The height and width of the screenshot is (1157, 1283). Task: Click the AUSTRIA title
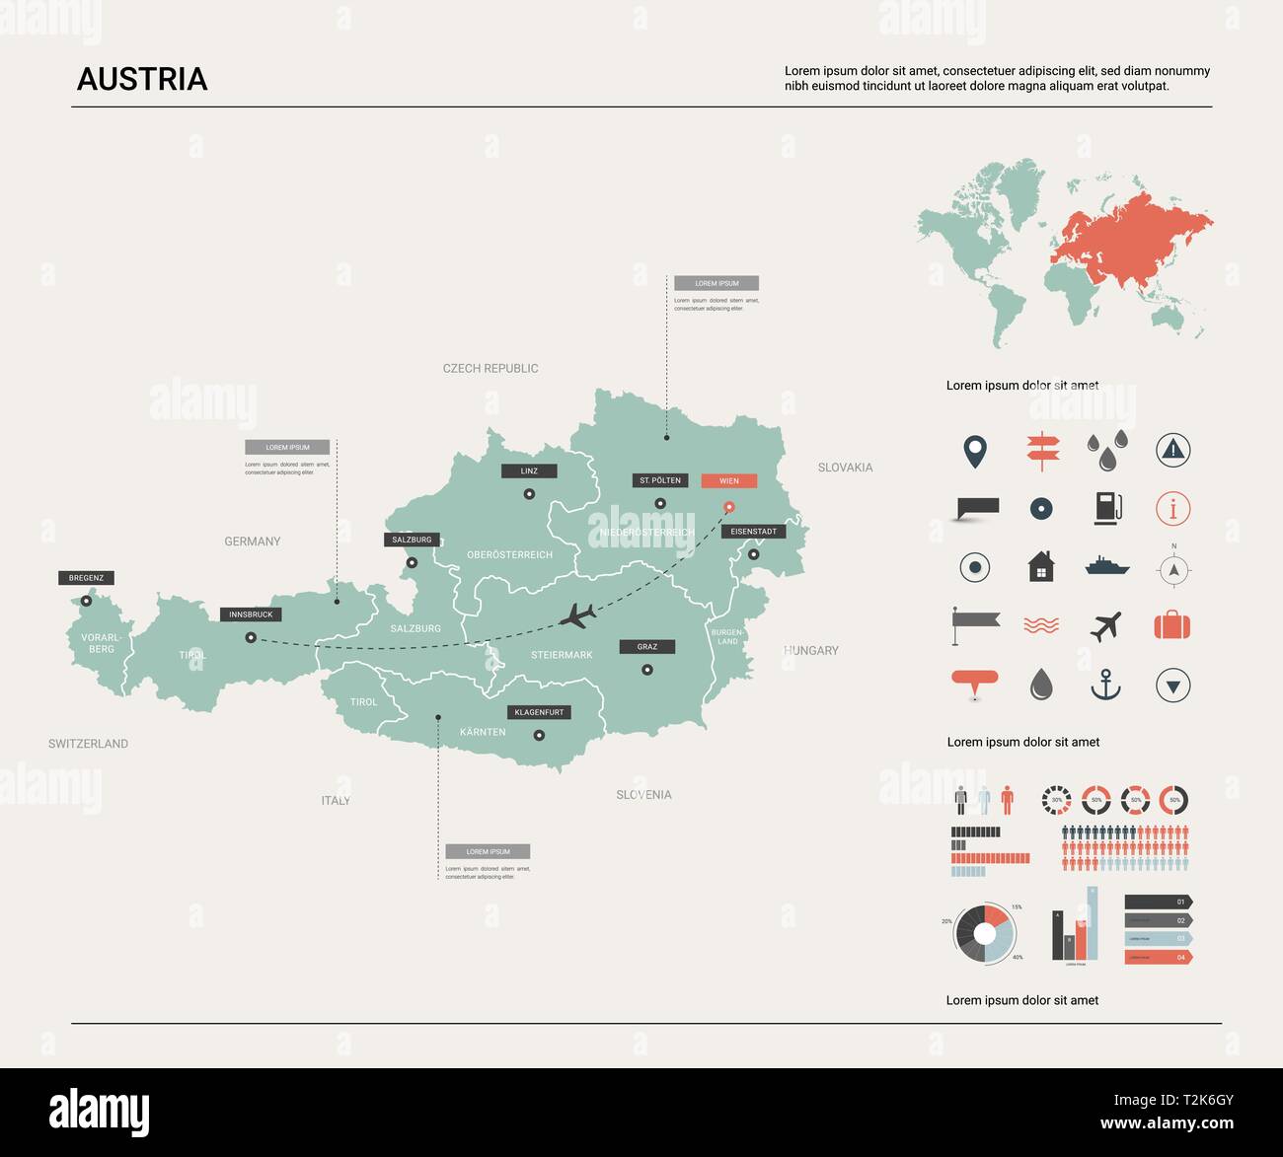[x=142, y=79]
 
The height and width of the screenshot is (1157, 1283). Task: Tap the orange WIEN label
[x=728, y=481]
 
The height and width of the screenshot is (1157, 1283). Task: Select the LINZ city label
[x=529, y=471]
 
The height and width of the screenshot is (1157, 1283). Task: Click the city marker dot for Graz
[x=647, y=670]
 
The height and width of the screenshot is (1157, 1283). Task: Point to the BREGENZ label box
[x=87, y=578]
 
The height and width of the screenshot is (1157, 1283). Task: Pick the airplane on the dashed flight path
[x=577, y=616]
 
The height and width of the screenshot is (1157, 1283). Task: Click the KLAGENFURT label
[x=539, y=712]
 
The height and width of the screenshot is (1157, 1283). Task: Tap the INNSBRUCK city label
[x=251, y=615]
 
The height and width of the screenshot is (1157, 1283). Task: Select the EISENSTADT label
[x=753, y=532]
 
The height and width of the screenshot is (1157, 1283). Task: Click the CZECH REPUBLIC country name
[x=491, y=369]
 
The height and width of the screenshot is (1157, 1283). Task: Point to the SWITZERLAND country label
[x=88, y=744]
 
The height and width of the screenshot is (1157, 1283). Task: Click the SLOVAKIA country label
[x=845, y=468]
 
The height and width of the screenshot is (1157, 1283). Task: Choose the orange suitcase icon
[x=1172, y=625]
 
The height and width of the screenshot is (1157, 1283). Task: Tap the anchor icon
[x=1105, y=685]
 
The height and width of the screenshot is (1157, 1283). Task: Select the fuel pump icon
[x=1107, y=508]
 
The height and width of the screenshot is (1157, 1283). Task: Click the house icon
[x=1041, y=567]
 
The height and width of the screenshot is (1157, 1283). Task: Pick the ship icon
[x=1106, y=566]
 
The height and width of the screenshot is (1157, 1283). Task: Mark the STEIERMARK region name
[x=562, y=655]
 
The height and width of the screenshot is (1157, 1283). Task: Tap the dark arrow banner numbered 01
[x=1158, y=902]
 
